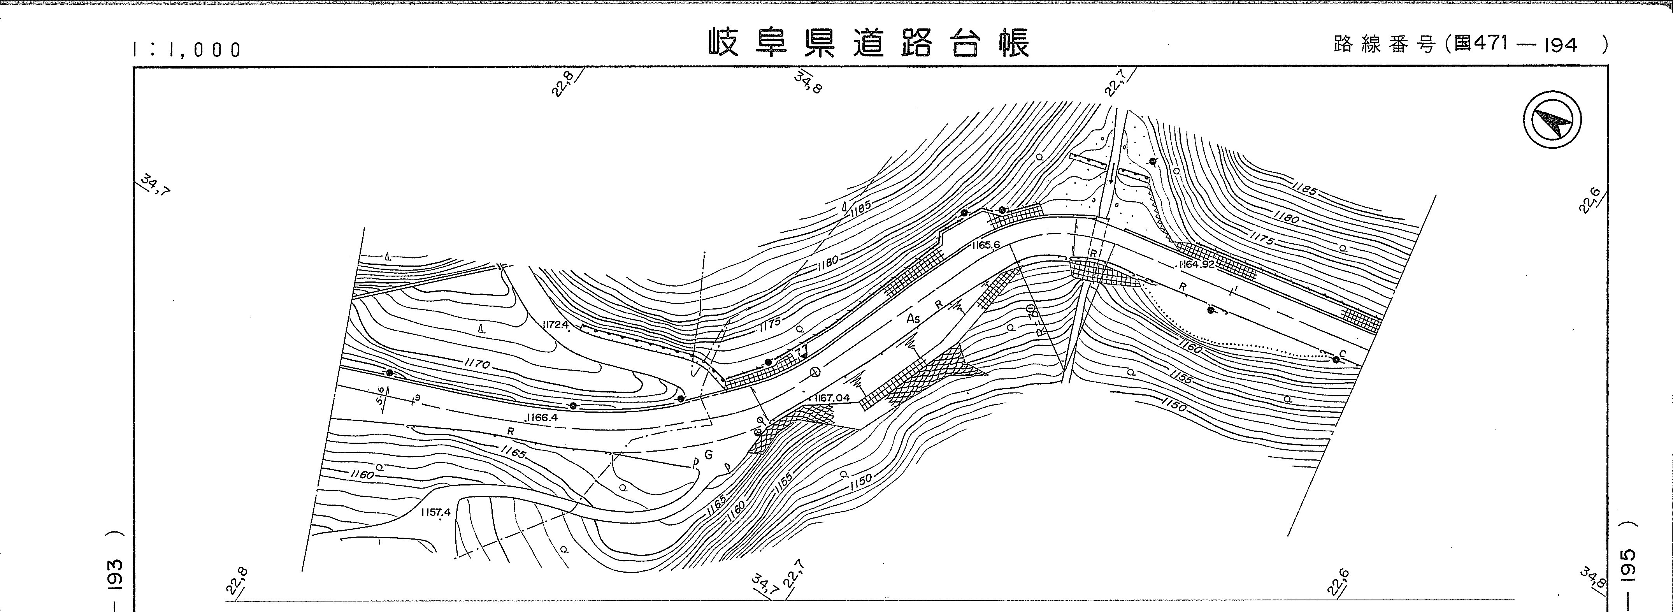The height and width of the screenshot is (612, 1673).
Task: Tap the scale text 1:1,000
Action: (x=187, y=49)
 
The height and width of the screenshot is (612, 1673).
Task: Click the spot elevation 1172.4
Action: (x=556, y=324)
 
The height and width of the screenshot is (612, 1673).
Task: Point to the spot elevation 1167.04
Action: (x=831, y=397)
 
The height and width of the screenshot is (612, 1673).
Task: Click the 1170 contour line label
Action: (x=477, y=364)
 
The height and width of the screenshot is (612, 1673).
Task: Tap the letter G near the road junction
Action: (x=709, y=455)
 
